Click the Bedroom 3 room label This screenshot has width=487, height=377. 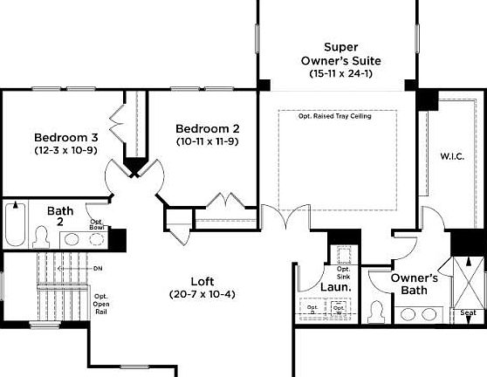point(66,137)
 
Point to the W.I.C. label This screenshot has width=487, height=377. point(452,156)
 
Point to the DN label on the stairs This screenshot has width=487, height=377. point(97,268)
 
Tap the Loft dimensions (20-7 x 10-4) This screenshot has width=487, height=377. point(202,294)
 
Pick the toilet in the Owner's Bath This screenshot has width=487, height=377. point(377,311)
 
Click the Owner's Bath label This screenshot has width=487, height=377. point(414,284)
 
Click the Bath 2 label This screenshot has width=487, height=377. point(61,216)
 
